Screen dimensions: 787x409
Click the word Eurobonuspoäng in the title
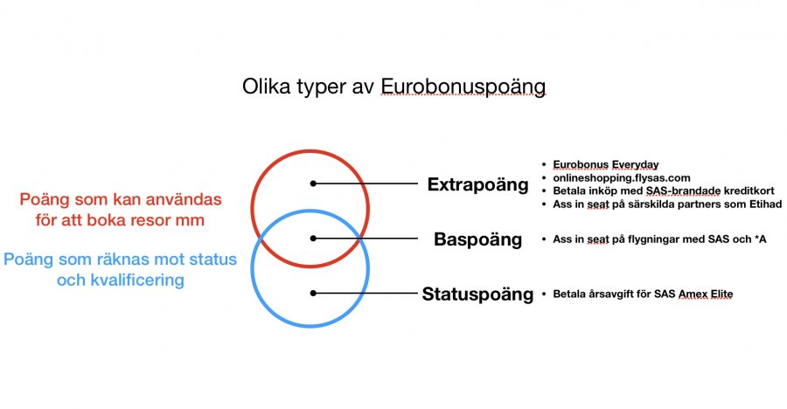463,87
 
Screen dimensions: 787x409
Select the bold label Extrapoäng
477,185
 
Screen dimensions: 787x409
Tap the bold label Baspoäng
477,239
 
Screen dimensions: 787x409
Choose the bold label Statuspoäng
477,295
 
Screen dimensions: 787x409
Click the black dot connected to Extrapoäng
313,184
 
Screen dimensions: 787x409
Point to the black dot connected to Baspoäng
313,239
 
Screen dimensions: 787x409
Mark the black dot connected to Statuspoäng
313,293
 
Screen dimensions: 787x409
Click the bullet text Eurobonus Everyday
606,164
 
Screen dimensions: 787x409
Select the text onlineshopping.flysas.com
622,177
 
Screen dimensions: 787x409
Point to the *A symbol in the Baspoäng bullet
761,239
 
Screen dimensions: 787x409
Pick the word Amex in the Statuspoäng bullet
692,295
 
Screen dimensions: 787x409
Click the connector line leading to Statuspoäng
365,293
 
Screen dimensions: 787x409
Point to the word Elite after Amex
721,295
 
